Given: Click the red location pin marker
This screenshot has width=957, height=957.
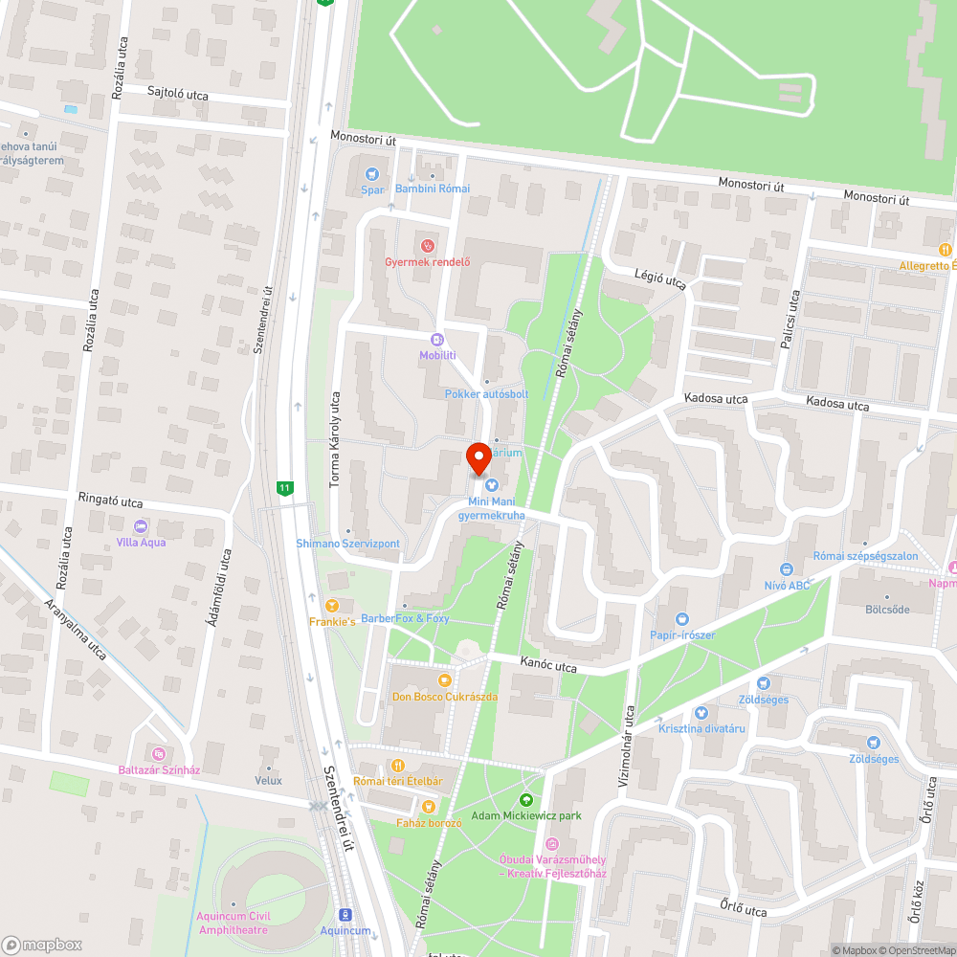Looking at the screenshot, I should click(478, 457).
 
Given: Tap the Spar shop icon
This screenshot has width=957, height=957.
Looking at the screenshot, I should click(372, 174).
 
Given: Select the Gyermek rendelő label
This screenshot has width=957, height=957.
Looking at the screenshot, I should click(427, 263).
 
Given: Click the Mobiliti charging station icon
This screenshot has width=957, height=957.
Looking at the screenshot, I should click(437, 340).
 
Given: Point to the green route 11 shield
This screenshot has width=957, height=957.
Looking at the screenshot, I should click(284, 488).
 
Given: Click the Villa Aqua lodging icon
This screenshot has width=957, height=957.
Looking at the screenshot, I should click(141, 526).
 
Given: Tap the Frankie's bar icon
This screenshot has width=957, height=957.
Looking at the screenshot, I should click(332, 606).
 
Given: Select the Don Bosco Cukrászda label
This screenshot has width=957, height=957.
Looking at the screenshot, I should click(444, 697).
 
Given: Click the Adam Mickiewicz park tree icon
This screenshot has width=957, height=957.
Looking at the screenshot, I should click(525, 800).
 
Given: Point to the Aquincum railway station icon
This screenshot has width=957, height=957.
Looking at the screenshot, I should click(345, 915).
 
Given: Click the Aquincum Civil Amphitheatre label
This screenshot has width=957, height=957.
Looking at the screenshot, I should click(234, 923).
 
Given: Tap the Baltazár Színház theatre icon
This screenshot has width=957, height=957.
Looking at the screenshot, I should click(158, 754).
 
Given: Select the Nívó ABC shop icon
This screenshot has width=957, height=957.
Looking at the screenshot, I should click(786, 569).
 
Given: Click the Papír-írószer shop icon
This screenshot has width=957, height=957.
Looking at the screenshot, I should click(681, 619).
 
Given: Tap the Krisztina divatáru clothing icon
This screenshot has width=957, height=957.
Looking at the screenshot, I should click(701, 713).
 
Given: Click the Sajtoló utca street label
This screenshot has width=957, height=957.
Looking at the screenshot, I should click(178, 96).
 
